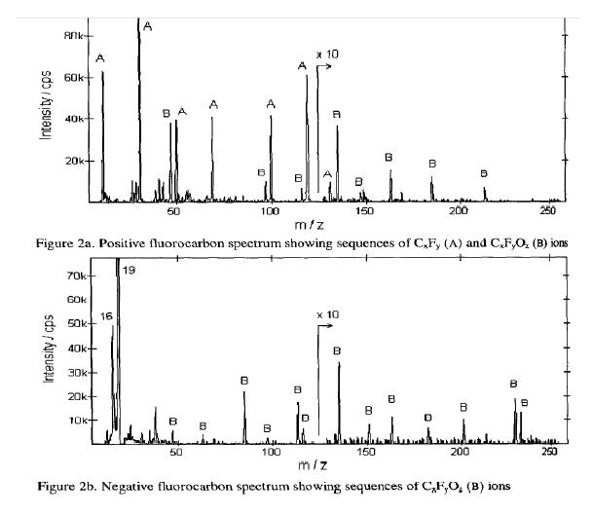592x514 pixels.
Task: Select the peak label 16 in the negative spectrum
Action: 107,316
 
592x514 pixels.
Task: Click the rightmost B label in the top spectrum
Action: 485,174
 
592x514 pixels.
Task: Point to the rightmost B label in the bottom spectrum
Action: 524,402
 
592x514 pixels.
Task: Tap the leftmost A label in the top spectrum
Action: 101,58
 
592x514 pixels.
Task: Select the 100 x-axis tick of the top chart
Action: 270,210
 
